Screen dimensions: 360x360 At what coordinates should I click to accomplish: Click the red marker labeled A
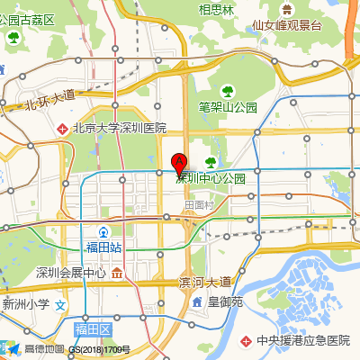point(179,164)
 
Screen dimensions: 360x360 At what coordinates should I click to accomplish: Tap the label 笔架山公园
point(228,107)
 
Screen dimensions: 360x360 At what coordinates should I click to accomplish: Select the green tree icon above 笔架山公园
point(229,91)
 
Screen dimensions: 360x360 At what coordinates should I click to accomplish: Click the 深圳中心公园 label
point(211,178)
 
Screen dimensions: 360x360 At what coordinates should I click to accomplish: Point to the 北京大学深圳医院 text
point(121,129)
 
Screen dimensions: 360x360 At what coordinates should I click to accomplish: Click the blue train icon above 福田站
point(103,231)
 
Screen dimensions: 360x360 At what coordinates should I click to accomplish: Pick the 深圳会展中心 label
point(71,273)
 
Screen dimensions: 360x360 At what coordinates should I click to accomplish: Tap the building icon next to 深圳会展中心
point(118,273)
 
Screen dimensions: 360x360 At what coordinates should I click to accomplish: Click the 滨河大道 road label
point(205,283)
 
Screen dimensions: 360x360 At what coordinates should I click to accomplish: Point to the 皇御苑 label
point(225,301)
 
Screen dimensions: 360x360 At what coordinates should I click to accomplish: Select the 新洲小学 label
point(26,305)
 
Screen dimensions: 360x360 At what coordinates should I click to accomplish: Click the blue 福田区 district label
point(92,330)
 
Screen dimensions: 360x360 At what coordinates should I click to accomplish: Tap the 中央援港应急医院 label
point(302,341)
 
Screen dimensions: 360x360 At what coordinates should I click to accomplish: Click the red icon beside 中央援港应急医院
point(247,341)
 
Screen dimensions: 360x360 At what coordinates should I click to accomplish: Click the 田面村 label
point(197,205)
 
